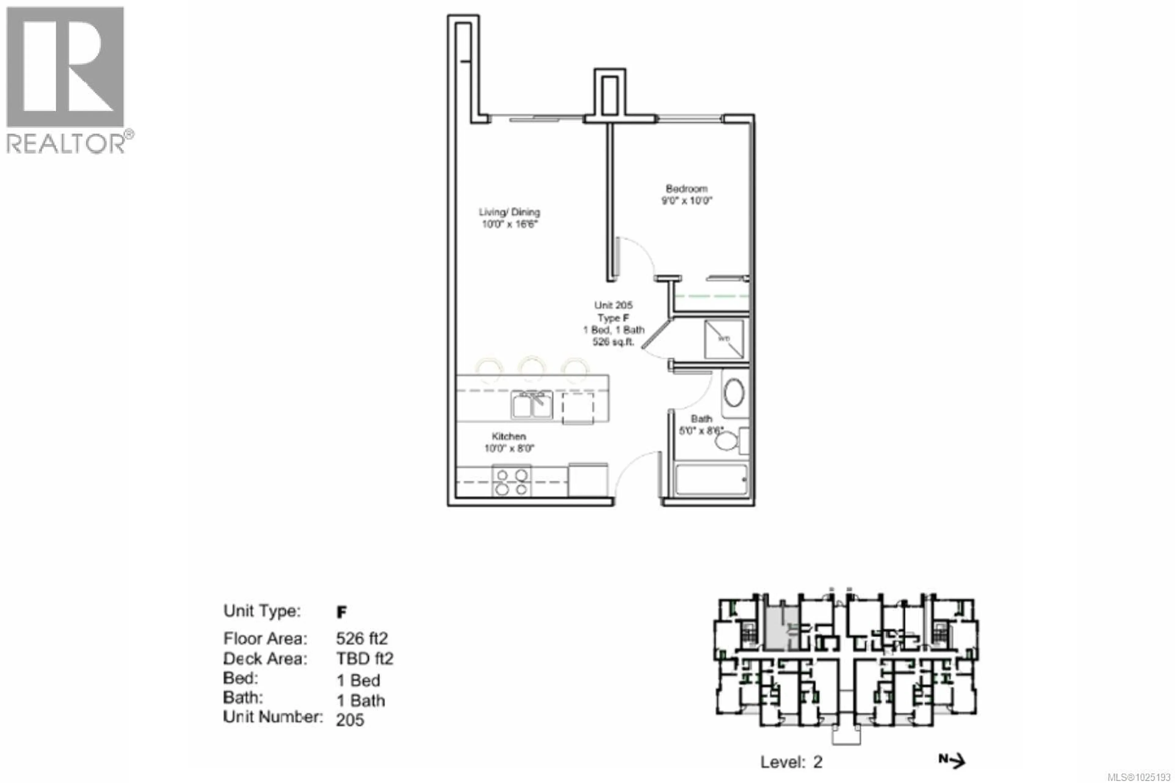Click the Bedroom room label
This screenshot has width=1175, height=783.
(686, 189)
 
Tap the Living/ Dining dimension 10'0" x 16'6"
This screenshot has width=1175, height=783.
(509, 224)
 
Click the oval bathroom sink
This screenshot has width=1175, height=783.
(734, 393)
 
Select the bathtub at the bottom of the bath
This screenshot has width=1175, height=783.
(711, 480)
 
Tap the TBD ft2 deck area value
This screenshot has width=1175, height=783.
(365, 659)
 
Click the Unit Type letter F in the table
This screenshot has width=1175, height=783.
(341, 612)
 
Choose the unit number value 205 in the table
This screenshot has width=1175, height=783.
(350, 720)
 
